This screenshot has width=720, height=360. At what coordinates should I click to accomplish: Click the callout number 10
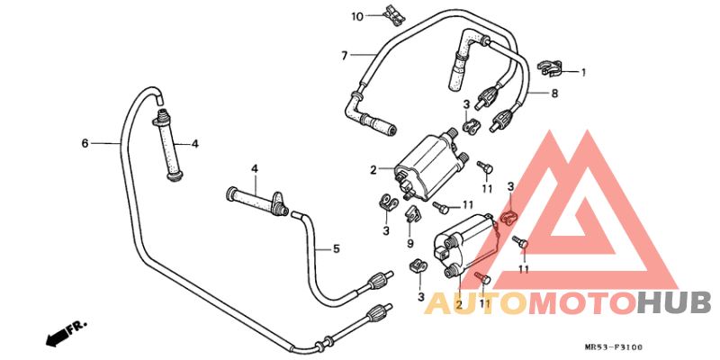357,17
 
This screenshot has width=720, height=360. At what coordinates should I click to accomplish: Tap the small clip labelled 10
395,14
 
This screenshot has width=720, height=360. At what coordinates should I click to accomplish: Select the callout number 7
345,56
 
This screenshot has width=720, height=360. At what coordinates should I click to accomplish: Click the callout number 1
583,72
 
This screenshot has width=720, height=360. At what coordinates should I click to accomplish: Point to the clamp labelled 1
549,68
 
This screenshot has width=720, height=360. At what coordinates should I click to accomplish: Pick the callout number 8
554,94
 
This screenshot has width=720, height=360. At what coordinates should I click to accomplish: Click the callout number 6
85,144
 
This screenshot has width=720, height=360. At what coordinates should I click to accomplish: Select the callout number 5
337,249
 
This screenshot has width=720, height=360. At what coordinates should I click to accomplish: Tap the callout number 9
410,243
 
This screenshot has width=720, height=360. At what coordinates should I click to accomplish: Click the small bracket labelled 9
412,214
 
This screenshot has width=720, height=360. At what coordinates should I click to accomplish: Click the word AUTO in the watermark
476,303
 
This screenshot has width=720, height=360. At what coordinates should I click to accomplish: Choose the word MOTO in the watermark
583,303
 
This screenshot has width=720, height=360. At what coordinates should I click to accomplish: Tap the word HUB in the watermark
674,303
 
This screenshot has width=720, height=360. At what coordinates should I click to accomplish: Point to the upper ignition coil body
427,167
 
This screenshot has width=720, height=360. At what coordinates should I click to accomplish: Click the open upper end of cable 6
158,99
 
